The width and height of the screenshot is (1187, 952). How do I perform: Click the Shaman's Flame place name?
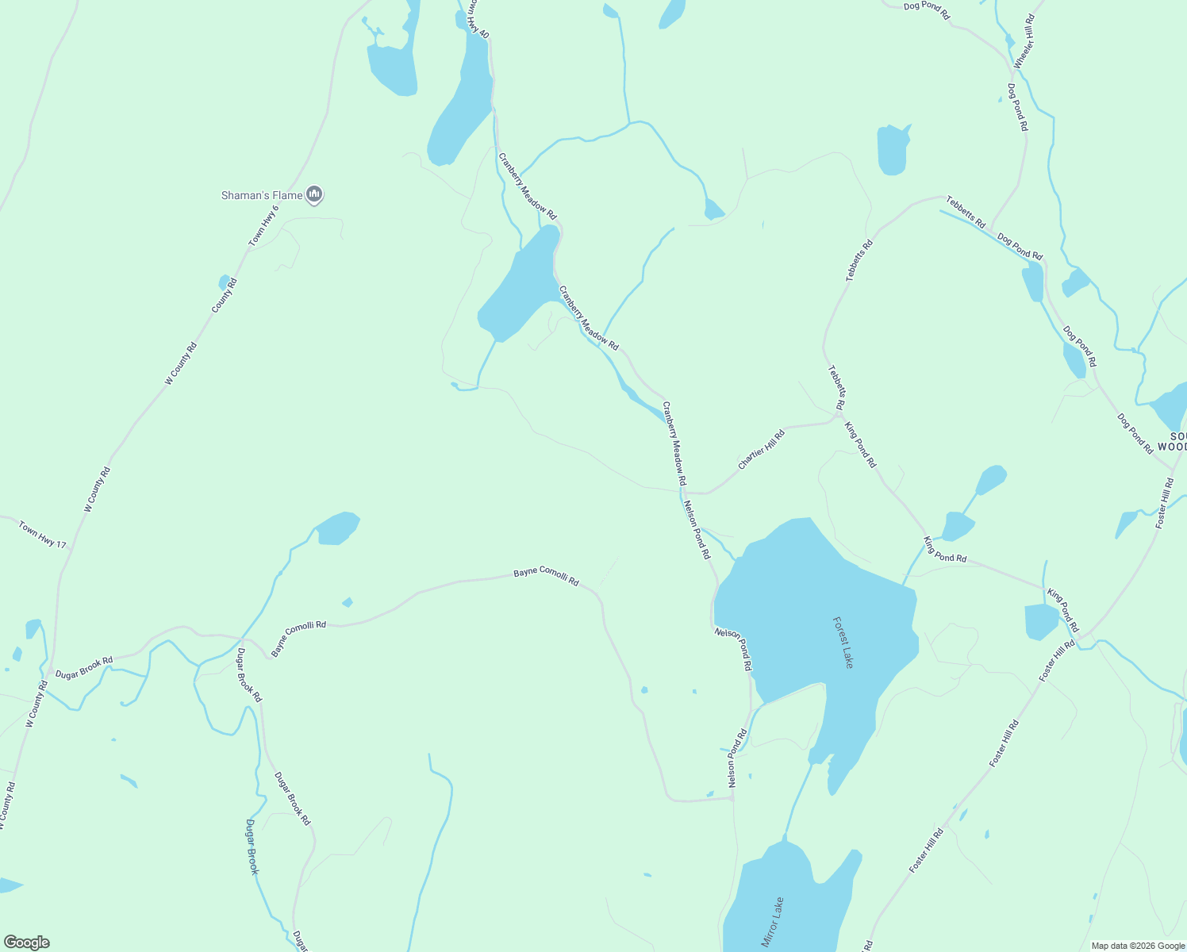point(261,195)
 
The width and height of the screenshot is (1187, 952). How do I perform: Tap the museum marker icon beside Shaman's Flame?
point(315,194)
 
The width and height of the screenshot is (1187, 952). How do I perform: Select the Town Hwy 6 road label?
point(265,225)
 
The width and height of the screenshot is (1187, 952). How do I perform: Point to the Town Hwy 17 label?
point(43,535)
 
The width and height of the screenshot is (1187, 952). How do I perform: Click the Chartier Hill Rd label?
point(762,449)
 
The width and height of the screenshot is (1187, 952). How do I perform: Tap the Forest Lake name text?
point(843,643)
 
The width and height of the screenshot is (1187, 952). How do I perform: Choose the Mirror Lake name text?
point(773,922)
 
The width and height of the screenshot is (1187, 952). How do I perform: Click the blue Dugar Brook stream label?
point(252,846)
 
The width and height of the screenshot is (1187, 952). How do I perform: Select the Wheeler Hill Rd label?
point(1024,40)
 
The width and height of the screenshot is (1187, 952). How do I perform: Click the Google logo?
point(26,942)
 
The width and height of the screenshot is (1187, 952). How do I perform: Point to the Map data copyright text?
point(1138,946)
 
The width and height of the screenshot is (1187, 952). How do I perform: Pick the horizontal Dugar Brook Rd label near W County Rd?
point(84,666)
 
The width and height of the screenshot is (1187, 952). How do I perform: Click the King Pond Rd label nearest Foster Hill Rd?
point(1063,611)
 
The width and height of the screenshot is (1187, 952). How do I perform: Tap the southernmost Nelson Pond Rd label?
point(738,759)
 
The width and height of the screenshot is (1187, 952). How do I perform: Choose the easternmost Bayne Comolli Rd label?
point(546,576)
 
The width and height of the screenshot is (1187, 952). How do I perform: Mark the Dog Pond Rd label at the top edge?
point(927,11)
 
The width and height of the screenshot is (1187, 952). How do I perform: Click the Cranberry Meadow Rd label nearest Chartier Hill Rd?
point(674,444)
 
